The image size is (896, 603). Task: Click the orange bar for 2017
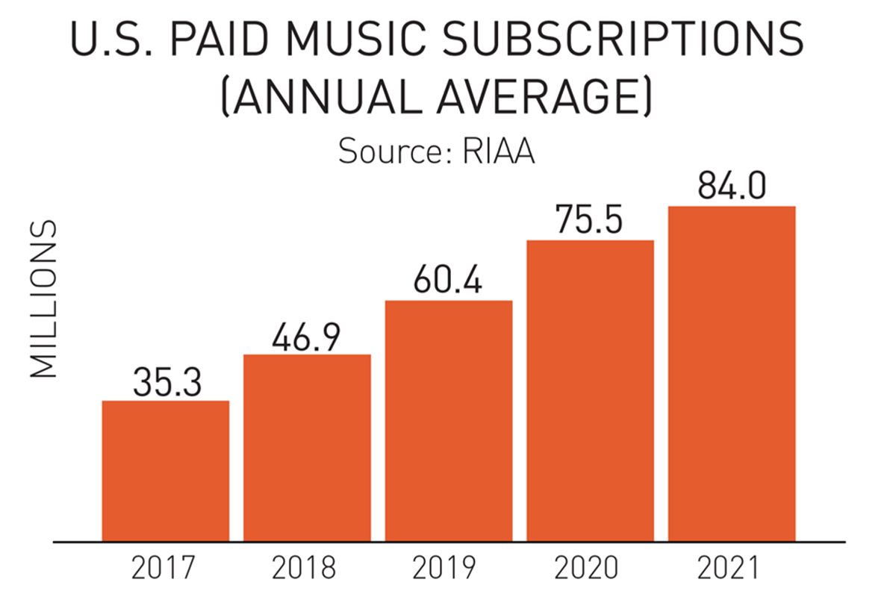click(x=165, y=470)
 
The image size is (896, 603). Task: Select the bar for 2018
click(x=307, y=447)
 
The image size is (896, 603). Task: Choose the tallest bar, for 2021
click(x=732, y=373)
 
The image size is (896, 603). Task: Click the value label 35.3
click(x=165, y=382)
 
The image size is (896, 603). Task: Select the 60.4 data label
click(x=449, y=282)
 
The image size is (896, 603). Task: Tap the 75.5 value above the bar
click(x=590, y=222)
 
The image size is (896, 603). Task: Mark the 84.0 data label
click(x=732, y=187)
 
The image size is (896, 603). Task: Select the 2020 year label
click(x=589, y=569)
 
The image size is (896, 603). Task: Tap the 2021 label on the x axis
click(x=731, y=569)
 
